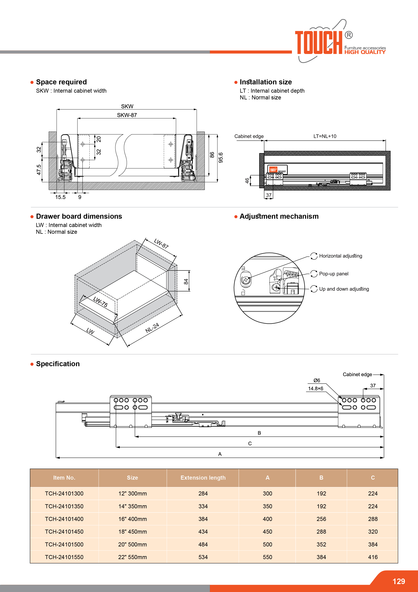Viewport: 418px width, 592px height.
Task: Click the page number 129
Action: tap(398, 581)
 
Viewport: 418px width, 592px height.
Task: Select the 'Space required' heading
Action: tap(61, 82)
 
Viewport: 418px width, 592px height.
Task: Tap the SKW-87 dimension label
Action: tap(127, 115)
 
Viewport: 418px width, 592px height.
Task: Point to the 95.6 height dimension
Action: tap(220, 158)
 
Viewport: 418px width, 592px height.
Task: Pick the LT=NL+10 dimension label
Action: tap(325, 136)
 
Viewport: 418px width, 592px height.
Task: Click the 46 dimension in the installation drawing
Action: tap(247, 181)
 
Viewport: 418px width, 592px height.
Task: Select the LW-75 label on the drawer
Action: tap(100, 302)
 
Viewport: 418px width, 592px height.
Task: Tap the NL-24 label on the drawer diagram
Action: tap(152, 328)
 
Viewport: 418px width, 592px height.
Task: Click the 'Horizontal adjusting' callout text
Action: tap(340, 256)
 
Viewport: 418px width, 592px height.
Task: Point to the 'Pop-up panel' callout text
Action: tap(334, 274)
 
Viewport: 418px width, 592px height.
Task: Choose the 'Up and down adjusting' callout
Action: tap(344, 289)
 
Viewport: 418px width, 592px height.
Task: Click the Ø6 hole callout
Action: tap(317, 380)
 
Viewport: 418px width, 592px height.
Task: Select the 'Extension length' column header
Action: tap(203, 478)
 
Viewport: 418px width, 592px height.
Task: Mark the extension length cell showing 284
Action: tap(203, 493)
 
